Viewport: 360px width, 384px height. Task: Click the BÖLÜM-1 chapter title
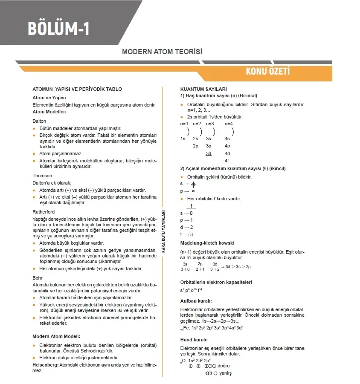[59, 28]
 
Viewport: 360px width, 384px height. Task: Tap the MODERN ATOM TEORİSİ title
[162, 52]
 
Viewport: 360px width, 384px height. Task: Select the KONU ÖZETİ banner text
[267, 71]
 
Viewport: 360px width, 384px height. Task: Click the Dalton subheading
[39, 121]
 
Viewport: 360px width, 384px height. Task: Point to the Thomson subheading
[42, 176]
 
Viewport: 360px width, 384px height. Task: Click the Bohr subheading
[38, 277]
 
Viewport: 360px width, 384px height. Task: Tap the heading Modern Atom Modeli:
[56, 336]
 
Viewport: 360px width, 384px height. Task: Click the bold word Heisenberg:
[45, 365]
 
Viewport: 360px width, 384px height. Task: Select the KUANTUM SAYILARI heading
[203, 89]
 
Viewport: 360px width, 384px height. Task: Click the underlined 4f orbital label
[227, 161]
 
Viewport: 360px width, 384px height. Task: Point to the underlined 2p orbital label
[195, 146]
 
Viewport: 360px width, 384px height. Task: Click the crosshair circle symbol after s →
[193, 185]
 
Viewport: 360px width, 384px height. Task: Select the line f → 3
[187, 234]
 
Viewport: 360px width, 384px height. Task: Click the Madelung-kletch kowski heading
[207, 243]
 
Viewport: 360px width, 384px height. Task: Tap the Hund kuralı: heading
[194, 340]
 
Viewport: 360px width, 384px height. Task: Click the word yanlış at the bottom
[225, 373]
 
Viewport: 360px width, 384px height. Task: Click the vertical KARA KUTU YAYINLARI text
[163, 232]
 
